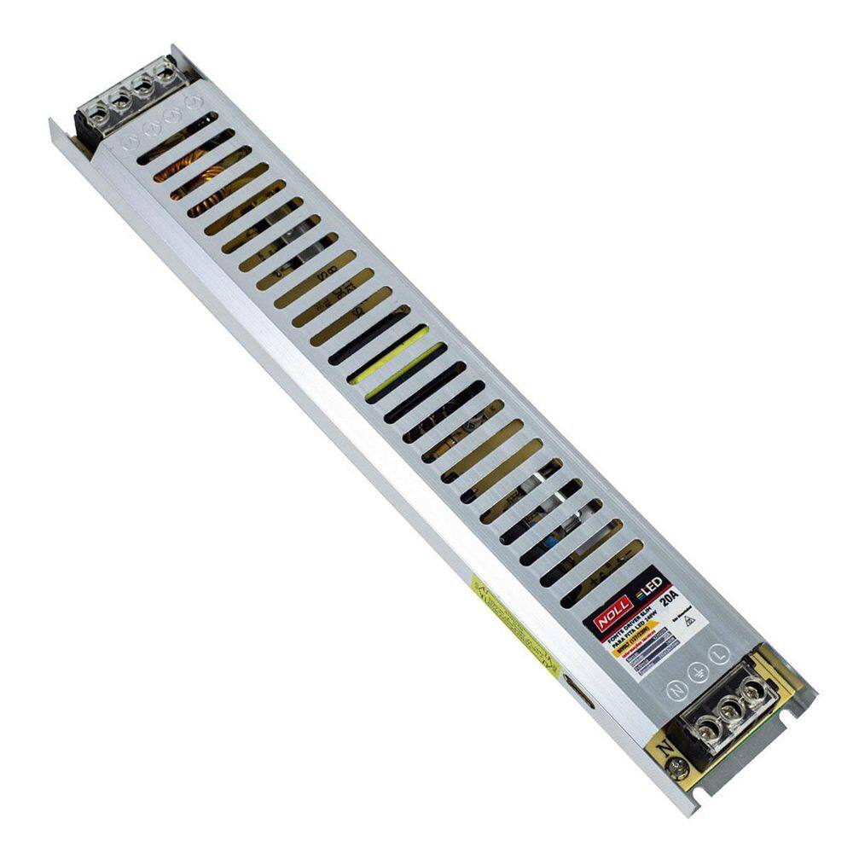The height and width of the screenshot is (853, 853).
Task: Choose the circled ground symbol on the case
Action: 698,674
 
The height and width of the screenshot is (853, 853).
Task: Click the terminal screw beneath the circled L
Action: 751,692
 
